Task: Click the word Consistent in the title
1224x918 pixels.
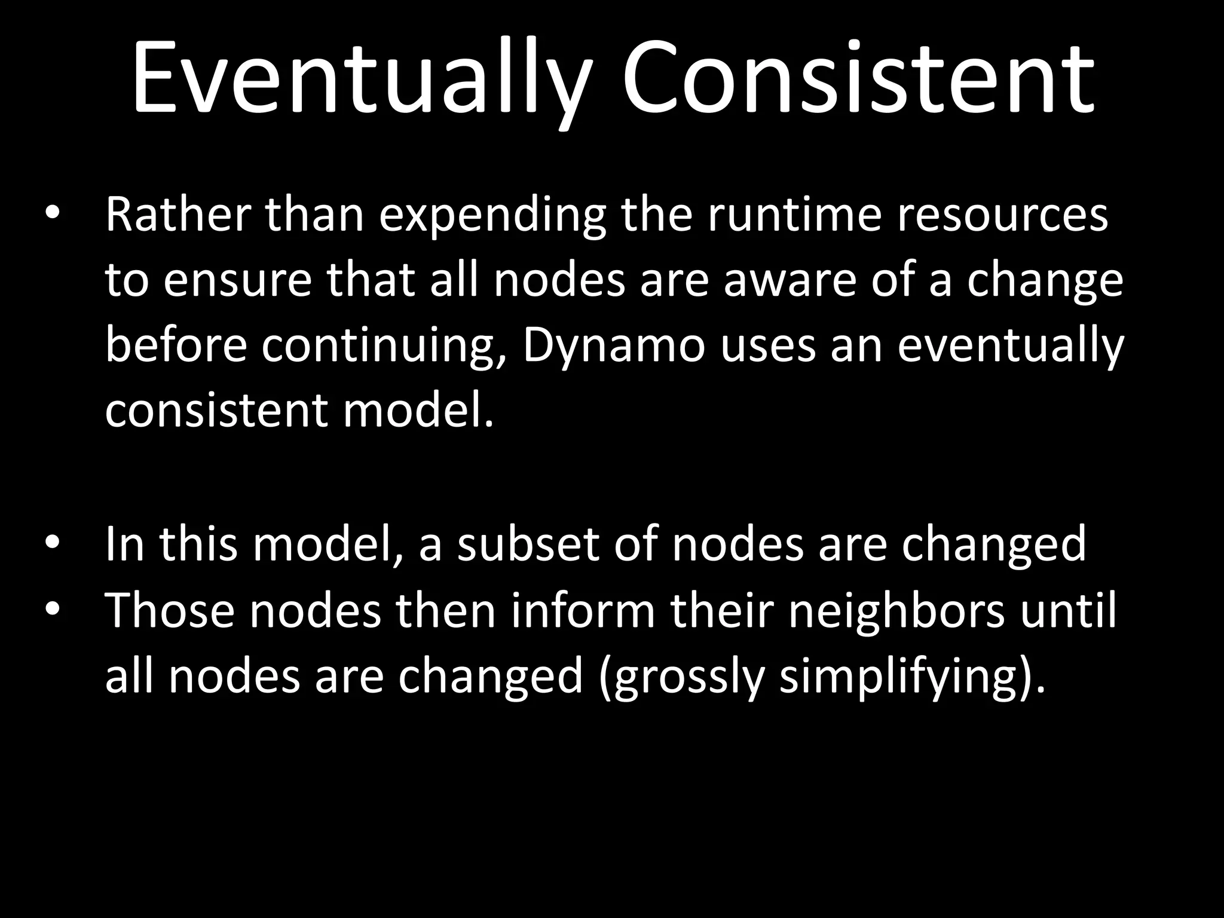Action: (x=858, y=78)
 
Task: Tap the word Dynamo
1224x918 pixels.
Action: (x=614, y=346)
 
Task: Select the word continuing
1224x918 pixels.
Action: (x=384, y=347)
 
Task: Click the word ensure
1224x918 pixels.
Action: (x=238, y=281)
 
